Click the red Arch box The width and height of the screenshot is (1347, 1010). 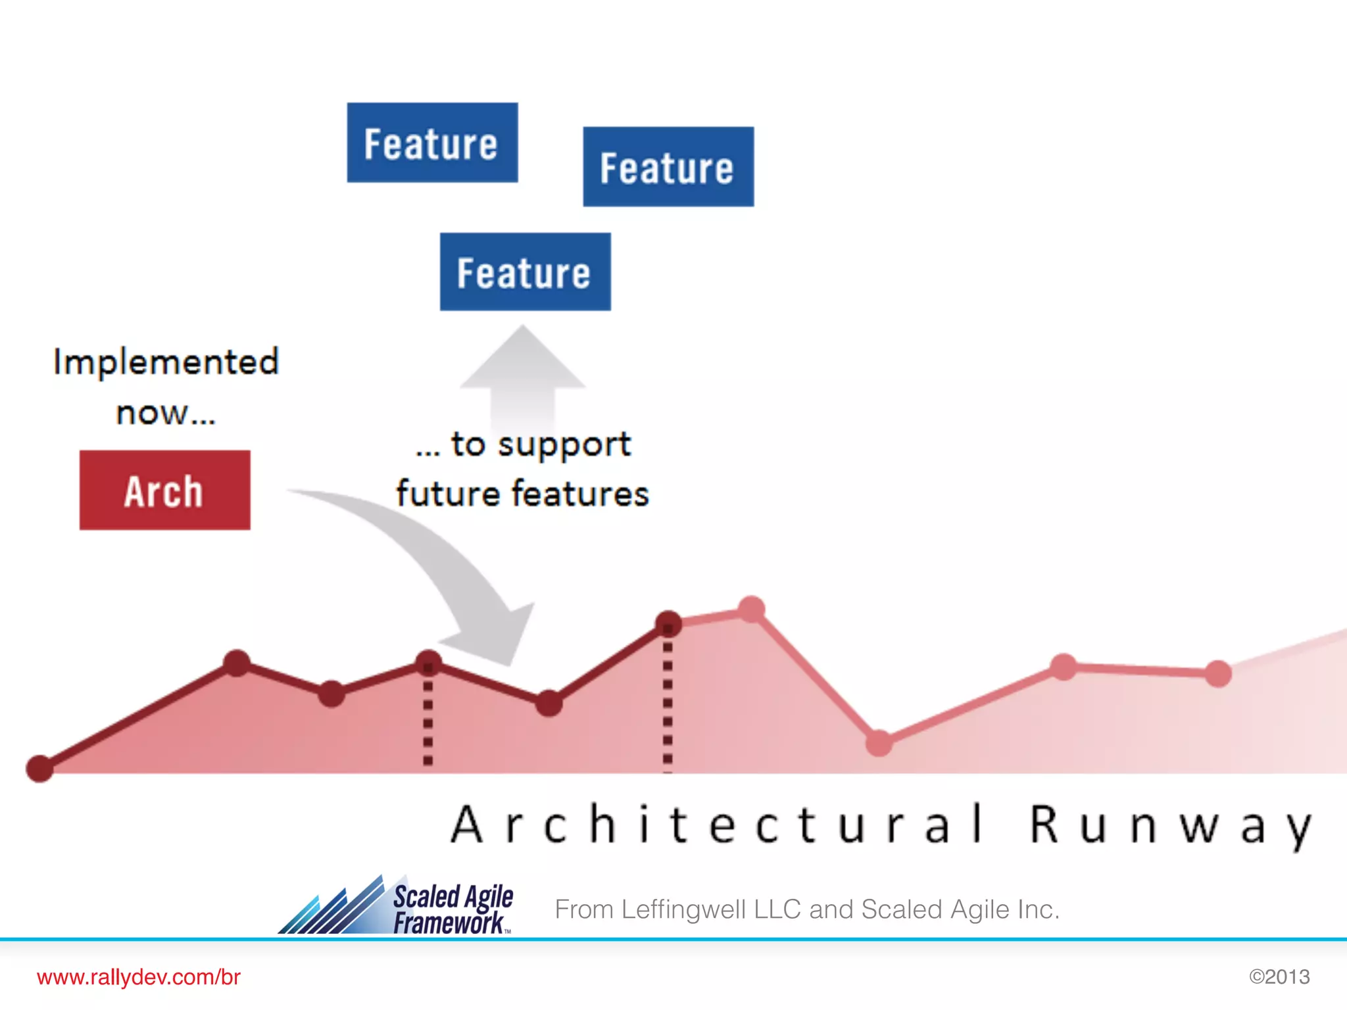click(x=164, y=490)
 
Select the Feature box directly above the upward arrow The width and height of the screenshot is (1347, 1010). click(x=525, y=272)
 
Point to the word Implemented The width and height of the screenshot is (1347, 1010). click(x=166, y=362)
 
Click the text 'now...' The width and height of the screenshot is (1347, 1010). click(x=166, y=414)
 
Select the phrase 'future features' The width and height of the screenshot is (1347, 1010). click(x=522, y=494)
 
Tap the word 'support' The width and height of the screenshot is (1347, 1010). click(x=564, y=445)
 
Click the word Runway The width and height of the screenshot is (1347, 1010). click(x=1170, y=825)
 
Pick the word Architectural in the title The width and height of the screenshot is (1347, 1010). click(x=717, y=825)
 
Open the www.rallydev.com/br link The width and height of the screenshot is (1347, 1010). click(x=139, y=977)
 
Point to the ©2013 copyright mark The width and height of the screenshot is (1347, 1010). click(x=1279, y=976)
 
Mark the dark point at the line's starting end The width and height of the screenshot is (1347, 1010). click(x=39, y=768)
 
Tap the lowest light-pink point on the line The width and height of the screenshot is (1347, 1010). click(x=879, y=743)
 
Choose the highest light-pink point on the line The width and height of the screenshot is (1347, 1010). click(x=752, y=609)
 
